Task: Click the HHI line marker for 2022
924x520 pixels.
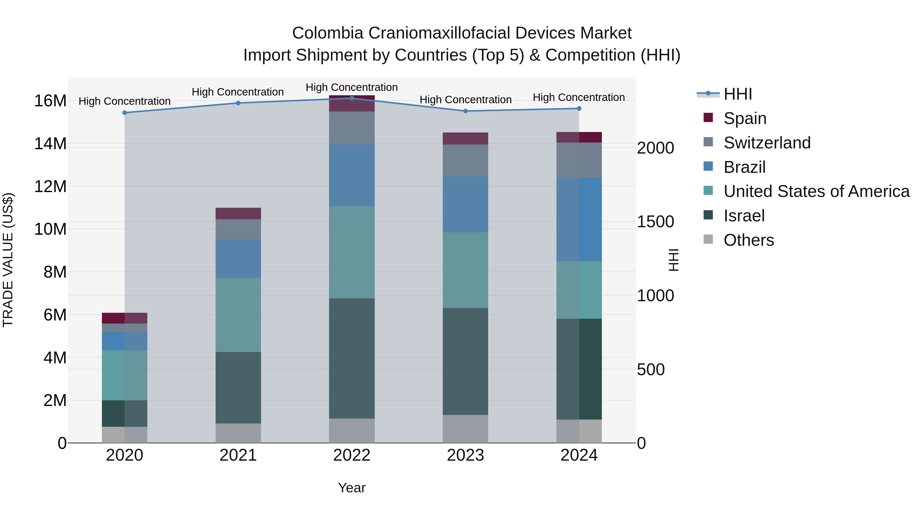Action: coord(352,98)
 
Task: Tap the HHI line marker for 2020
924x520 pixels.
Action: coord(124,113)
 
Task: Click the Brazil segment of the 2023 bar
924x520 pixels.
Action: coord(465,205)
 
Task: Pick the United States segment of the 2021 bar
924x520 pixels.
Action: coord(238,315)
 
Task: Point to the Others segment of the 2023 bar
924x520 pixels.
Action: coord(465,429)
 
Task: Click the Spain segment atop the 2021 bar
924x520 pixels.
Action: coord(238,214)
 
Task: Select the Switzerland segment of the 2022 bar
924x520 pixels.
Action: coord(352,128)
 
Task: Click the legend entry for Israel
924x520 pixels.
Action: coord(744,216)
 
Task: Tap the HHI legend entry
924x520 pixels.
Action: coord(737,94)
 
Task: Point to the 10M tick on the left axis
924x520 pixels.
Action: coord(50,229)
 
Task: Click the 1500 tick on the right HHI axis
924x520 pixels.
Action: coord(655,222)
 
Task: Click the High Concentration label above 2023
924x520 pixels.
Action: coord(465,100)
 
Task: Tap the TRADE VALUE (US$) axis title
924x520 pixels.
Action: coord(8,260)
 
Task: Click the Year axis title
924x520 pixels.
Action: coord(352,488)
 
